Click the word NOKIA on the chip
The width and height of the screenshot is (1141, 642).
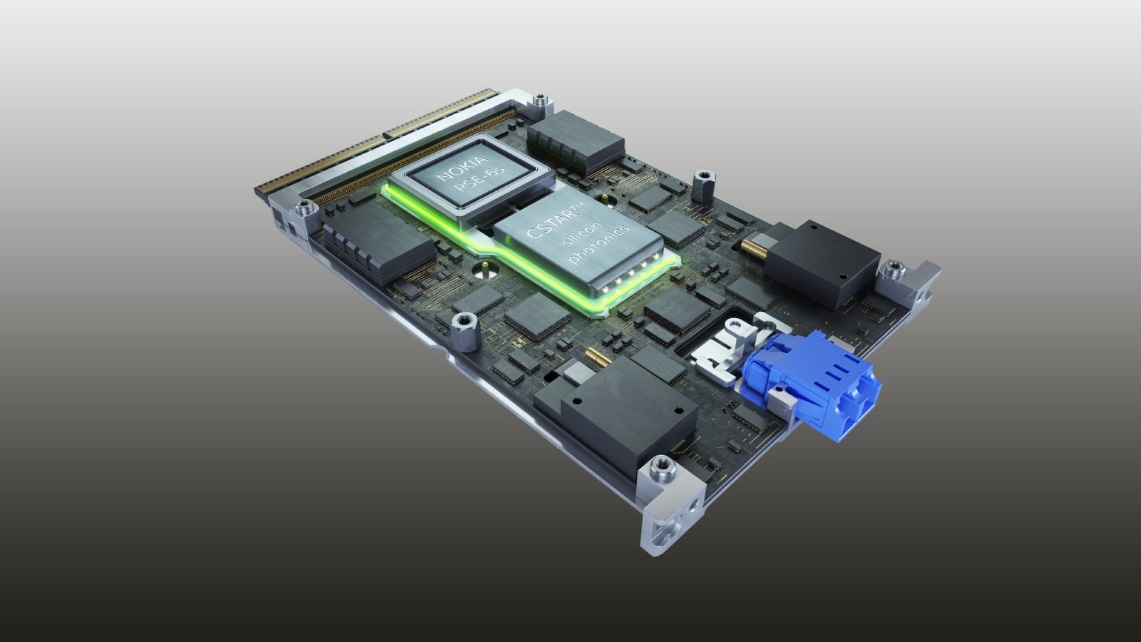coord(461,169)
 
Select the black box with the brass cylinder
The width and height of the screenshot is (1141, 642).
coord(821,263)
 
